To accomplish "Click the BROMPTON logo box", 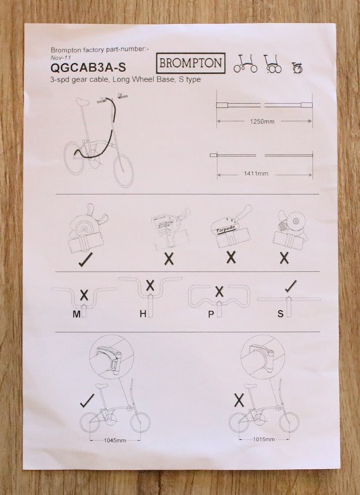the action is pos(191,63).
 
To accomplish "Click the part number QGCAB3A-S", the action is pos(88,68).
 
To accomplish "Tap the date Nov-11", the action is pos(60,58).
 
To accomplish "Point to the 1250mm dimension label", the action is pos(262,122).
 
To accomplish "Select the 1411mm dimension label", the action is pos(256,173).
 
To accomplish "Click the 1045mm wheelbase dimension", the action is pos(115,440).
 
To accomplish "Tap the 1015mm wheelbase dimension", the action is pos(264,439).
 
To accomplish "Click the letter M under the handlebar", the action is pos(76,314).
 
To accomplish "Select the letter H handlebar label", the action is pos(143,314).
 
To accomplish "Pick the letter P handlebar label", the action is pos(211,314).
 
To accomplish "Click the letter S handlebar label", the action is pos(280,314).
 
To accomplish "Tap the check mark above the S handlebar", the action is pos(290,286).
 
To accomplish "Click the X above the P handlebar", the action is pos(219,292).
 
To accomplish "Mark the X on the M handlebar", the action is pos(84,295).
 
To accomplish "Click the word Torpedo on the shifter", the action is pos(226,230).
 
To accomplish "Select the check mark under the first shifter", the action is pos(85,260).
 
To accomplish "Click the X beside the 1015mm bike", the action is pos(239,400).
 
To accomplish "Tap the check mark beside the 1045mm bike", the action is pos(87,400).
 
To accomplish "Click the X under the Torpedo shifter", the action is pos(231,258).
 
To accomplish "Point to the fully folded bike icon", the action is pos(297,68).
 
